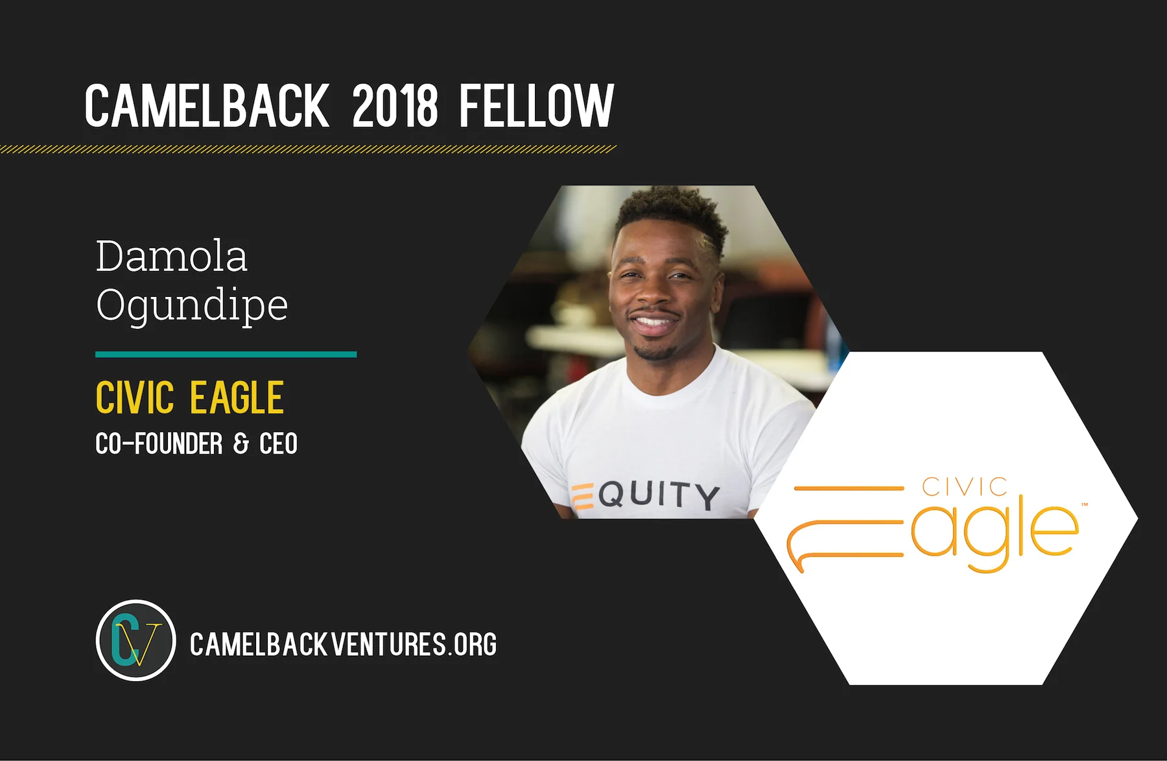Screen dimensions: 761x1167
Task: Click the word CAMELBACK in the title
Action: (x=207, y=106)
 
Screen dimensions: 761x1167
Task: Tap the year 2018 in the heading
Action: (x=395, y=106)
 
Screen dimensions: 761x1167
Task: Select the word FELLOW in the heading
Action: (x=536, y=106)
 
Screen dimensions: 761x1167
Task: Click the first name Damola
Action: (x=172, y=256)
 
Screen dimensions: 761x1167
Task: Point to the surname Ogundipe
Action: (x=192, y=305)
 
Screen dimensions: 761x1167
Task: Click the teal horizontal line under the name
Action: (x=226, y=355)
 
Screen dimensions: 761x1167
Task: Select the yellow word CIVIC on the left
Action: (x=135, y=397)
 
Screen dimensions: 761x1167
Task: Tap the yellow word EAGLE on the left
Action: (x=237, y=397)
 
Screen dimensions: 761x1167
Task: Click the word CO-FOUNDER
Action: (x=159, y=444)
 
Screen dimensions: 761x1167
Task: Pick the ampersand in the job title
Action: (x=241, y=444)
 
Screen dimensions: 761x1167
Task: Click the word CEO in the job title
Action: (x=278, y=444)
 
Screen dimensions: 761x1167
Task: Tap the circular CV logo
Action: (x=136, y=640)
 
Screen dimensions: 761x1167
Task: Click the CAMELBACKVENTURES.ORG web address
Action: (x=343, y=645)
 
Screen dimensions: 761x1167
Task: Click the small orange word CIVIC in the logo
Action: (x=965, y=487)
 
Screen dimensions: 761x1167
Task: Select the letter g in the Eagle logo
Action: (x=987, y=535)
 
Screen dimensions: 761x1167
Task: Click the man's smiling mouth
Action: (x=653, y=322)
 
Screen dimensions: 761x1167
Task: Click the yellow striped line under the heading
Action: (x=308, y=150)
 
